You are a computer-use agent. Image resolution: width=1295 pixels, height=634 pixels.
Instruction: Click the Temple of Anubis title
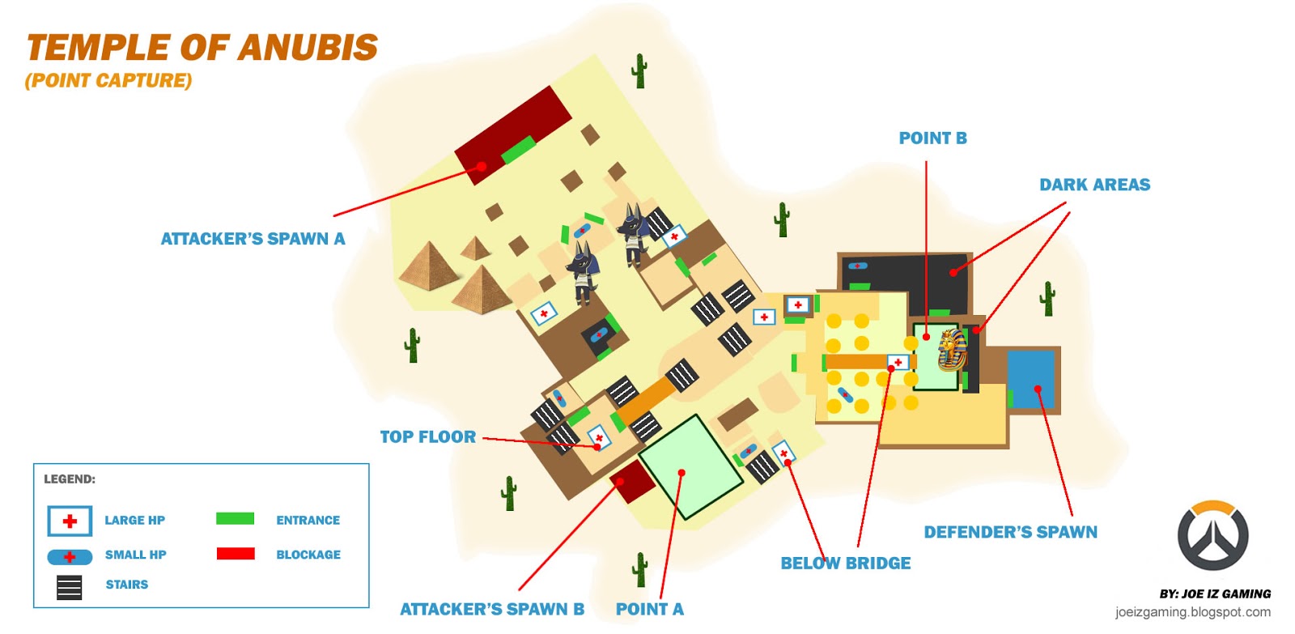point(202,48)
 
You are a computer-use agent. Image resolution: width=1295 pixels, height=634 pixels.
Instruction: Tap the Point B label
point(932,138)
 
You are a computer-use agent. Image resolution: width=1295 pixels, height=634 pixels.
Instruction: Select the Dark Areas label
point(1094,185)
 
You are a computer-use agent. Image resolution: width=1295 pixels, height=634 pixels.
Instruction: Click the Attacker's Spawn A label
point(253,239)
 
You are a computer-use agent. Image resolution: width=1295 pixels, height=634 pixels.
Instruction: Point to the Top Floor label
point(427,437)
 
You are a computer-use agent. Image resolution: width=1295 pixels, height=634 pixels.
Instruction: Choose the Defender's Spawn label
point(1010,532)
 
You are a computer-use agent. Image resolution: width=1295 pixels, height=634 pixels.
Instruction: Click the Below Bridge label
point(845,563)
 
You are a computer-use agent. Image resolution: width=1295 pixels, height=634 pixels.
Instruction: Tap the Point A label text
point(649,609)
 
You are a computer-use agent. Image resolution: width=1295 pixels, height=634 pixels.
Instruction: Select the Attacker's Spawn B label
point(491,609)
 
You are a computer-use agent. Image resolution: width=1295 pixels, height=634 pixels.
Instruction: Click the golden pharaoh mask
point(952,350)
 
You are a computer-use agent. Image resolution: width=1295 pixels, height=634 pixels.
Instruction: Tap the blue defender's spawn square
point(1031,379)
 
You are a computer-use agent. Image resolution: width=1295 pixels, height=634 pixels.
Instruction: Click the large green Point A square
point(690,467)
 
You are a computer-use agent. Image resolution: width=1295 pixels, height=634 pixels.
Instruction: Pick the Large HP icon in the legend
point(70,521)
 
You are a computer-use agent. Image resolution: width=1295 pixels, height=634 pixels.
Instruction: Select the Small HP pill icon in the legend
point(70,557)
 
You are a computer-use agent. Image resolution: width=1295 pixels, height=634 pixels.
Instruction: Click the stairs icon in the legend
point(70,587)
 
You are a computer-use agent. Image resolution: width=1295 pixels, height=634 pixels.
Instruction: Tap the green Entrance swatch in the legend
point(235,519)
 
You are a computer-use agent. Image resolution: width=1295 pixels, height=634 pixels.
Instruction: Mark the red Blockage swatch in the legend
point(235,554)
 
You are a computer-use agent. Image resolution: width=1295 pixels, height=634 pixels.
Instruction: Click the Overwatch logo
point(1212,535)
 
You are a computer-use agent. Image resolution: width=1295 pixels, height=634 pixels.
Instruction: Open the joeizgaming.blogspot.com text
point(1192,612)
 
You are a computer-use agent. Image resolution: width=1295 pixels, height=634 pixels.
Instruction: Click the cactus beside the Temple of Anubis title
point(639,71)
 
